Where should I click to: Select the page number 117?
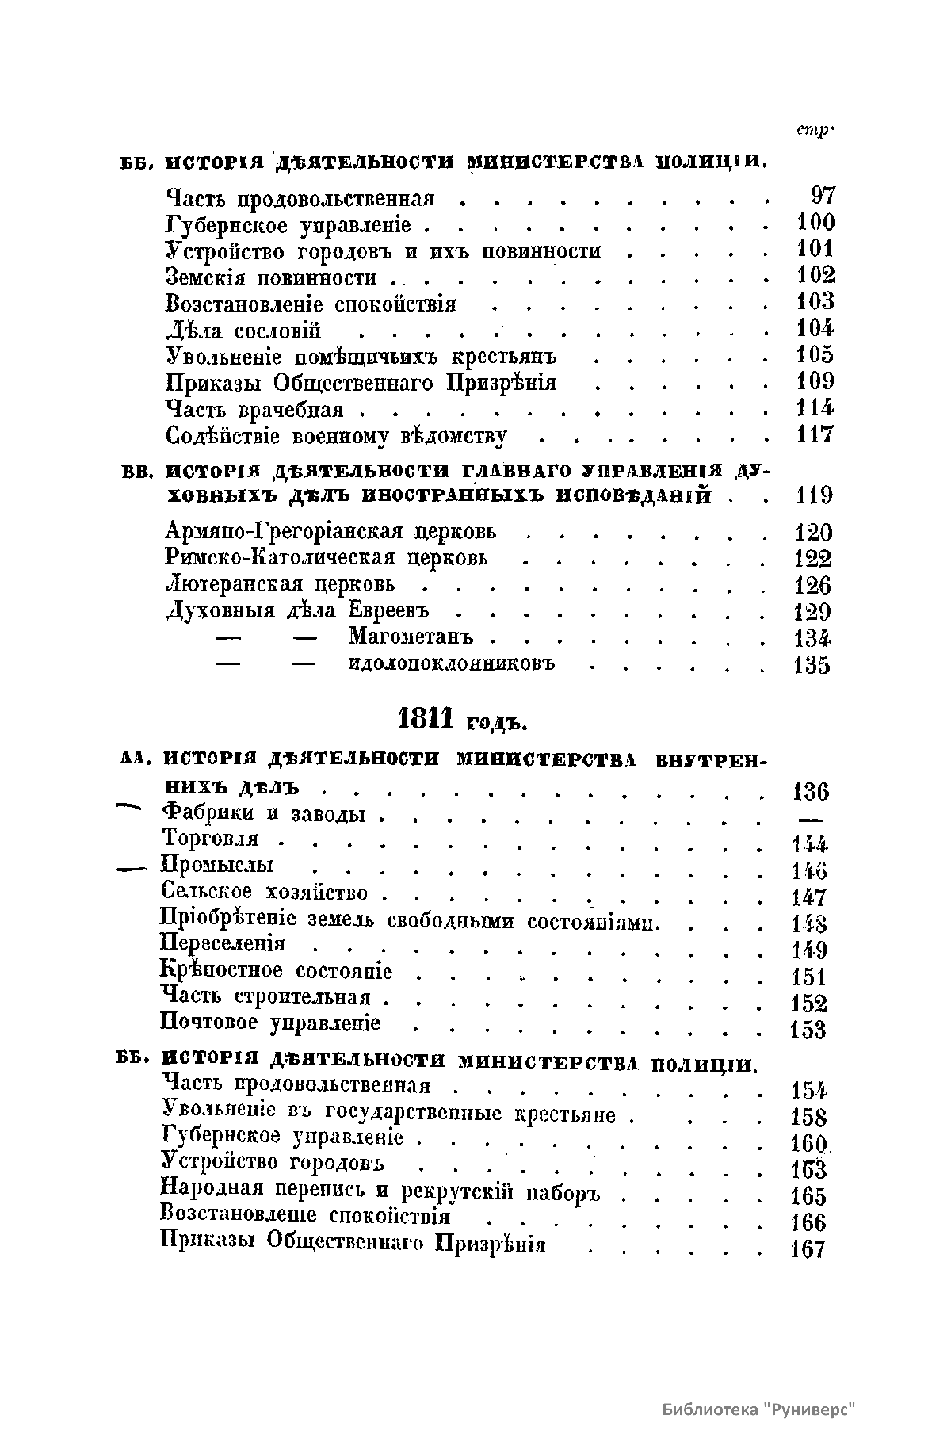(x=815, y=434)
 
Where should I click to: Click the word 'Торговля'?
(x=210, y=839)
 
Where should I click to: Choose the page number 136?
(x=810, y=791)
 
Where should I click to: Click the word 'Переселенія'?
(x=223, y=944)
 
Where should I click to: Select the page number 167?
(x=808, y=1250)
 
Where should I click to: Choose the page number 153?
(x=808, y=1030)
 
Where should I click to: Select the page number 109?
(x=815, y=382)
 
